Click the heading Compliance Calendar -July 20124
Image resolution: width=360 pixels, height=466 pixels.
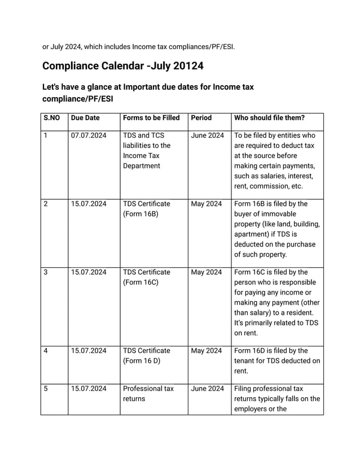122,66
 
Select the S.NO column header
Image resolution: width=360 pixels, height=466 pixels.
51,118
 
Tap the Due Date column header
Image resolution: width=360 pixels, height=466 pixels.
85,118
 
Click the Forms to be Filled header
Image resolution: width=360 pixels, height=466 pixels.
151,118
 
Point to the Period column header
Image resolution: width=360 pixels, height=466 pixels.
201,118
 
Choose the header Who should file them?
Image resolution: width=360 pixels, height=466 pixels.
269,118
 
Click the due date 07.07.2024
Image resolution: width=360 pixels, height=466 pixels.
89,135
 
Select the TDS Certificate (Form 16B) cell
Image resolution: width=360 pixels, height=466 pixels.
146,209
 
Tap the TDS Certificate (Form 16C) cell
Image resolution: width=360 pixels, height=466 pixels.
146,277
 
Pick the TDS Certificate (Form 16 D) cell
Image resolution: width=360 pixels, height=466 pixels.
146,355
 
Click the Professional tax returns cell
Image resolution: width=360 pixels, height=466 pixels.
148,394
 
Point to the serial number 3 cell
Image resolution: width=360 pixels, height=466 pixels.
46,272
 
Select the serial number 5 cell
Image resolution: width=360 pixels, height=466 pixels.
46,389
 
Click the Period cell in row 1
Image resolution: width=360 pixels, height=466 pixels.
208,135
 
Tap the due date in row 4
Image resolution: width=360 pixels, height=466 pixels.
89,351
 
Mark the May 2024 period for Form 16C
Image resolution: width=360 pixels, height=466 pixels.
207,272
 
